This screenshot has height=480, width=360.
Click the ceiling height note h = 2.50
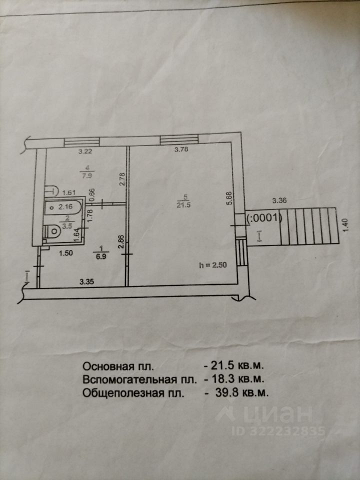click(x=212, y=265)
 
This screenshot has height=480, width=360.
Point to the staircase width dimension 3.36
click(x=279, y=201)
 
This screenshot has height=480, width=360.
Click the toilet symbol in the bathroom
click(x=51, y=231)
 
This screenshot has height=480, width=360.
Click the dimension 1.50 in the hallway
click(x=66, y=252)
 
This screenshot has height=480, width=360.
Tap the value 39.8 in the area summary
click(x=222, y=392)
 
